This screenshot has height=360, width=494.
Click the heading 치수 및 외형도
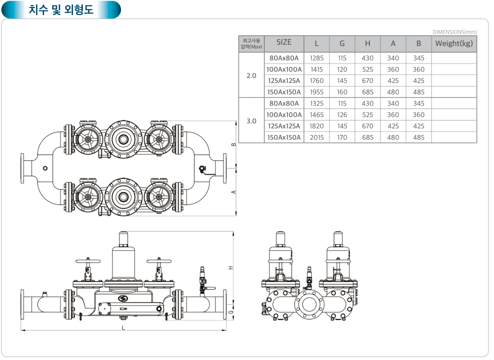[61, 9]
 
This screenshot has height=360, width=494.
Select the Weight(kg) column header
[453, 43]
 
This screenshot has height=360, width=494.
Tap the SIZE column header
[283, 42]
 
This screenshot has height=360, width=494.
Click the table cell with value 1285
[316, 58]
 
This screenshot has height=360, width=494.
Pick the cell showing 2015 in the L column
[316, 137]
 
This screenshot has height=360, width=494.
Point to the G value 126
[342, 115]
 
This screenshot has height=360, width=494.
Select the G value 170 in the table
[342, 137]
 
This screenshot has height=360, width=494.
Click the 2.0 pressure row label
[251, 76]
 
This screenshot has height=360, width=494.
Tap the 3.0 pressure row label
[251, 121]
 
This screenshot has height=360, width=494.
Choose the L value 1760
[316, 81]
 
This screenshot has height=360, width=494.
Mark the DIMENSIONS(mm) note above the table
[454, 32]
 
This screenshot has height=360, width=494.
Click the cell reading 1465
[316, 115]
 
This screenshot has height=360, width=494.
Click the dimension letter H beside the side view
[230, 267]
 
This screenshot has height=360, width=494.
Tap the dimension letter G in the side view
[230, 311]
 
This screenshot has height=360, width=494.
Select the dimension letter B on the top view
[233, 144]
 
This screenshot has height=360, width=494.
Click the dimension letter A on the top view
[233, 192]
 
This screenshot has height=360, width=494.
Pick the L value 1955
[316, 92]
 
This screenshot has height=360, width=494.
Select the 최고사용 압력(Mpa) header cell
[251, 43]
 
